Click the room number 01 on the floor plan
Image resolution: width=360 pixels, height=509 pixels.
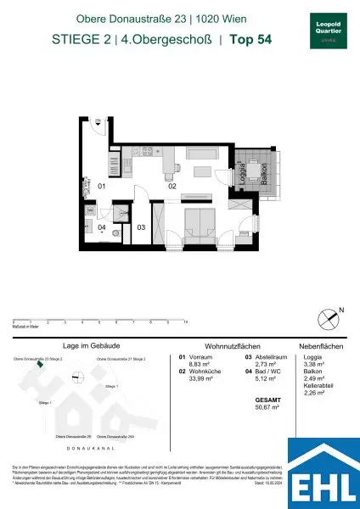(x=100, y=185)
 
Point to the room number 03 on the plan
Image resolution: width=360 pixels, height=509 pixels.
(x=142, y=227)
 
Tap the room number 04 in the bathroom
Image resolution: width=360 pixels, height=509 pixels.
(x=100, y=227)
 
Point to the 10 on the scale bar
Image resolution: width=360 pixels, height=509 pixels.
(x=185, y=323)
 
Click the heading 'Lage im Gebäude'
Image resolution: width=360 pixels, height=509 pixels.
(x=89, y=347)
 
